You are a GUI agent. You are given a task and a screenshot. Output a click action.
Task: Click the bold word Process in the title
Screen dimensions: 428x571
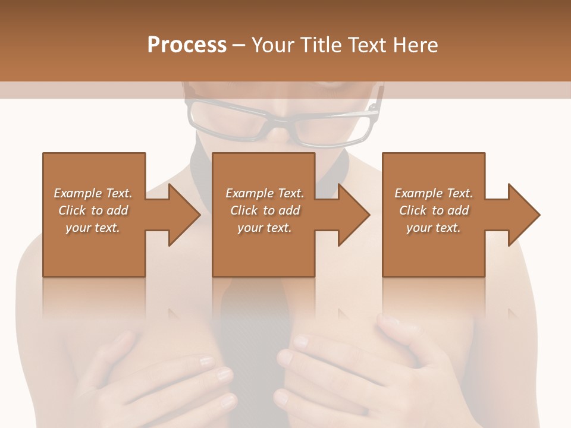click(x=187, y=45)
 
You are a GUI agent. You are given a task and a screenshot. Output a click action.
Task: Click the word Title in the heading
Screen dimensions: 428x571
click(x=322, y=45)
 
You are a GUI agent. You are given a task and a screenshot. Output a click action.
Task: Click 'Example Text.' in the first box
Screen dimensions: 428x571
click(x=93, y=193)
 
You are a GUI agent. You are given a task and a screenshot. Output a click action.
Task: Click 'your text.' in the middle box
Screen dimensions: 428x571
click(x=264, y=228)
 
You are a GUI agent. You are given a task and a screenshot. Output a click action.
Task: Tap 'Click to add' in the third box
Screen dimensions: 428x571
click(x=434, y=210)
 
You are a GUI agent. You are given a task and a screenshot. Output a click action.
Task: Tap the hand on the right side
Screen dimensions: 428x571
click(x=369, y=369)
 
